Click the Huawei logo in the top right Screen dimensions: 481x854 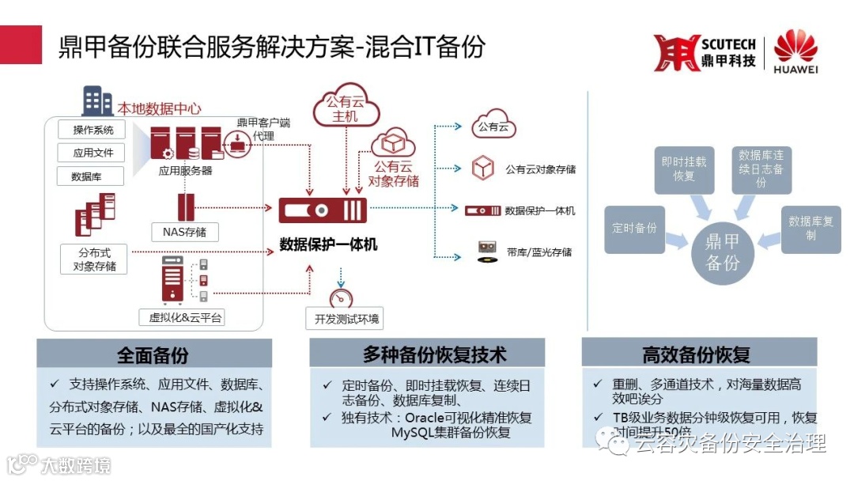pyautogui.click(x=795, y=52)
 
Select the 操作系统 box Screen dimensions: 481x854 pyautogui.click(x=93, y=130)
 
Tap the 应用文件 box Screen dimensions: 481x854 pyautogui.click(x=93, y=153)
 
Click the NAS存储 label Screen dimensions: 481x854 pyautogui.click(x=184, y=232)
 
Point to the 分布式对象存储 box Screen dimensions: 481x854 pyautogui.click(x=94, y=259)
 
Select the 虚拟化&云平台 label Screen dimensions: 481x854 pyautogui.click(x=187, y=318)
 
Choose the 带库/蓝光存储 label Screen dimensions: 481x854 pyautogui.click(x=539, y=252)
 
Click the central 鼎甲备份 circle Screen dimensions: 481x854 pyautogui.click(x=723, y=252)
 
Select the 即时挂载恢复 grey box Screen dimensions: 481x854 pyautogui.click(x=684, y=169)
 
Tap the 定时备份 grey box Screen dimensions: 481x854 pyautogui.click(x=634, y=228)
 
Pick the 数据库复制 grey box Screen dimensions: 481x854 pyautogui.click(x=811, y=229)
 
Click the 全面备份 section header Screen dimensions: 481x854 pyautogui.click(x=153, y=354)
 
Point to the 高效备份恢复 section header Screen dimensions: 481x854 pyautogui.click(x=697, y=354)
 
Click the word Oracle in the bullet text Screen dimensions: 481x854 pyautogui.click(x=428, y=417)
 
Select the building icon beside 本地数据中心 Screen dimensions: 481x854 pyautogui.click(x=98, y=102)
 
